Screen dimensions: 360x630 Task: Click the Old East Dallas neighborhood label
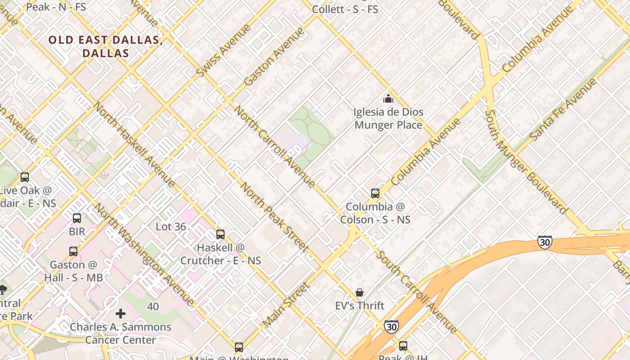(105, 46)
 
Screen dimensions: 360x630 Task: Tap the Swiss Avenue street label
(224, 50)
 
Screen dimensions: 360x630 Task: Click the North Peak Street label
(274, 216)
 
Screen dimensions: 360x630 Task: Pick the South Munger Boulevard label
(525, 162)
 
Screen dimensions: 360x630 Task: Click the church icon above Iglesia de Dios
(388, 99)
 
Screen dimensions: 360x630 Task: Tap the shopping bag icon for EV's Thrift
(360, 293)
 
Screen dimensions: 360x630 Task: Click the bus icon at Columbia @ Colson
(375, 193)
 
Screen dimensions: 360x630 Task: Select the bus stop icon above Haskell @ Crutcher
(220, 234)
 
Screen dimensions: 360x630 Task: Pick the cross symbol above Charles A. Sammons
(121, 313)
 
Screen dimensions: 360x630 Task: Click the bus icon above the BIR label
(77, 218)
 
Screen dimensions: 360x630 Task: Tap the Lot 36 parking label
(171, 227)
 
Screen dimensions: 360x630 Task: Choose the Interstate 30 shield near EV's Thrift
(391, 326)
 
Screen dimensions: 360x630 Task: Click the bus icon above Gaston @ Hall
(73, 252)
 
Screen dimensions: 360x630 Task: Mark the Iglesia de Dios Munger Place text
(388, 118)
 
